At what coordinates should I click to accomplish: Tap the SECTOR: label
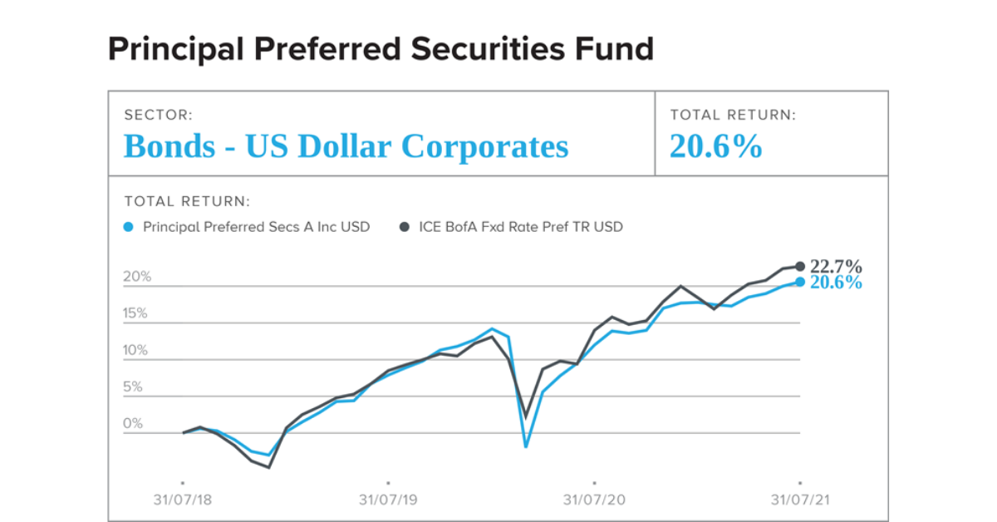click(158, 116)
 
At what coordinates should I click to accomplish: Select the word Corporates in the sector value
click(485, 147)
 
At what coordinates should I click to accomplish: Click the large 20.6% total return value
click(715, 147)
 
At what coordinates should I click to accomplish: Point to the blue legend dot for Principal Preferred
click(128, 226)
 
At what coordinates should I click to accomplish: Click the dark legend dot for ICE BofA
click(404, 226)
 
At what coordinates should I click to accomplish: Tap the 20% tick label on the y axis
click(137, 277)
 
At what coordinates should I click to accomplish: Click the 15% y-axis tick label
click(137, 313)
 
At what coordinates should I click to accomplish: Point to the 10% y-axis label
click(137, 350)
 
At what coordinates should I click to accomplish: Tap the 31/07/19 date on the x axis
click(388, 500)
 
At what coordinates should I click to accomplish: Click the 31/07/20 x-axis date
click(594, 500)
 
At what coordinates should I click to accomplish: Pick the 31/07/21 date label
click(799, 500)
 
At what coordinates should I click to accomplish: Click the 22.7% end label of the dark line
click(836, 267)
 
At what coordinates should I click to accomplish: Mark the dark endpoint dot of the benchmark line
click(800, 266)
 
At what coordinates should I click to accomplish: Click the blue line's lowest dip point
click(525, 446)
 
